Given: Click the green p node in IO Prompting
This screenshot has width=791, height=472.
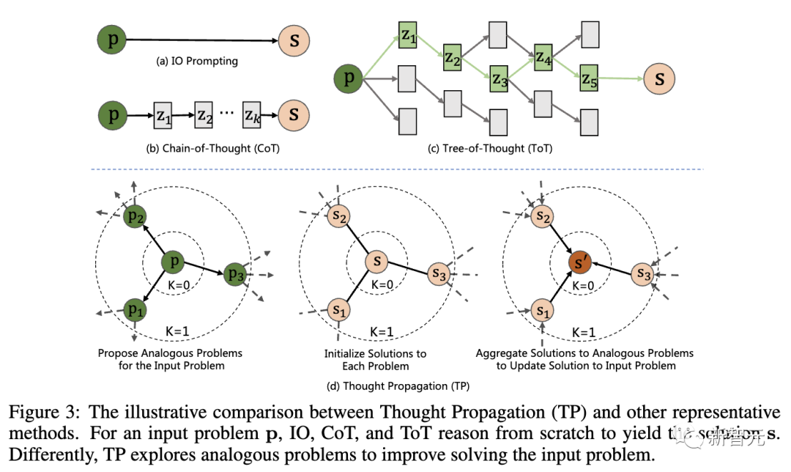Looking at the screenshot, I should [112, 40].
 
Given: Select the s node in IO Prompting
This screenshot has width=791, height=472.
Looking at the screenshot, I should [294, 40].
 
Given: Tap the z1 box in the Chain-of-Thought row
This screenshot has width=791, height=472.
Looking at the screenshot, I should [162, 115].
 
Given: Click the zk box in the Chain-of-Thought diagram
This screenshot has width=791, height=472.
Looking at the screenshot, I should [253, 115].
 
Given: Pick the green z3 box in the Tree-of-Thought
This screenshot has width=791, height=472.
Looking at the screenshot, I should [500, 78].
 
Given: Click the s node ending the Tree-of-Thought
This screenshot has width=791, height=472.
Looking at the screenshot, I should [659, 78].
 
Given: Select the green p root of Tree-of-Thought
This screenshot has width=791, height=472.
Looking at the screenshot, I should [349, 78].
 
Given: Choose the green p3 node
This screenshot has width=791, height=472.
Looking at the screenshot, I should [235, 274].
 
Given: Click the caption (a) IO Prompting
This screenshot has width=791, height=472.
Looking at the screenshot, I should [197, 62].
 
